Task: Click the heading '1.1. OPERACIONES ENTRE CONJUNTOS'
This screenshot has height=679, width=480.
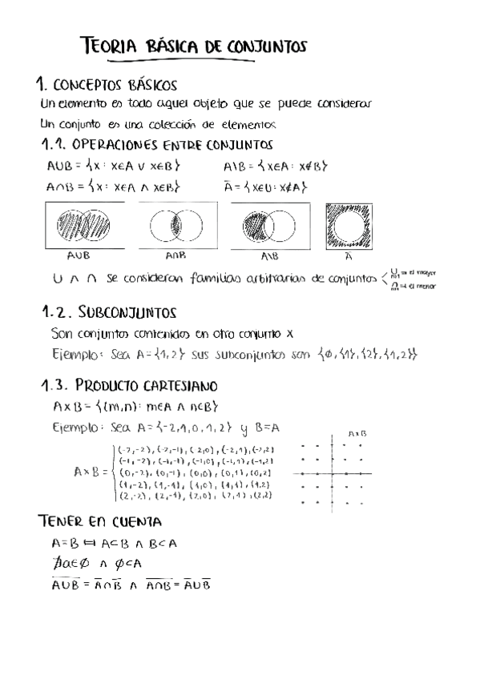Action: (x=156, y=146)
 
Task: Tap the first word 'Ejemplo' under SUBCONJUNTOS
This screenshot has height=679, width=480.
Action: (x=73, y=354)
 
